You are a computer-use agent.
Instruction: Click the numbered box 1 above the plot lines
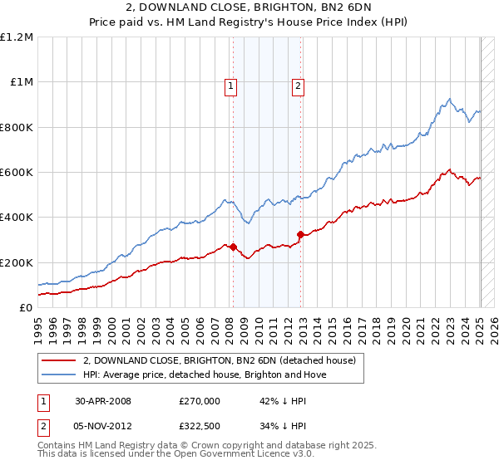(x=230, y=83)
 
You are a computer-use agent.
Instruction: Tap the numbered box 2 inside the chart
(x=298, y=83)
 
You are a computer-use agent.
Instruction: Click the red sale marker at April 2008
(x=234, y=247)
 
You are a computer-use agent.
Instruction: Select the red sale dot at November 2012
(x=300, y=235)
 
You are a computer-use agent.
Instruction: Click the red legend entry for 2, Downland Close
(x=220, y=360)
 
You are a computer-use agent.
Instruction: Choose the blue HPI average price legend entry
(x=205, y=374)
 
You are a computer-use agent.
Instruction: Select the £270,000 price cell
(x=200, y=401)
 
